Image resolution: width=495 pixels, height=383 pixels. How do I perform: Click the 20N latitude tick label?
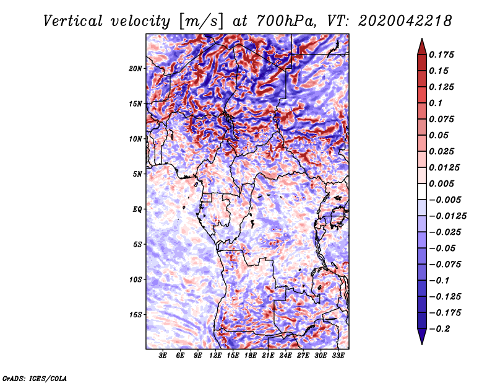click(136, 68)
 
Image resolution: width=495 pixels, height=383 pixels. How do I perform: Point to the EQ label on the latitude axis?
click(137, 209)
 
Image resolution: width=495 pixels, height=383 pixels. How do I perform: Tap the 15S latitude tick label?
click(136, 314)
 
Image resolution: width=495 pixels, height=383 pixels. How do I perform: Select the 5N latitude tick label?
click(137, 174)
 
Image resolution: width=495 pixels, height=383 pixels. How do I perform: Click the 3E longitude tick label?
click(163, 356)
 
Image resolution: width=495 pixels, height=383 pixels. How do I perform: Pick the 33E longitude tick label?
click(338, 356)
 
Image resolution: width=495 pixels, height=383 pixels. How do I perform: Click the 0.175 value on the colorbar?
click(443, 55)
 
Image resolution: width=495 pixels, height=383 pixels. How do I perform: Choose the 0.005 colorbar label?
click(443, 183)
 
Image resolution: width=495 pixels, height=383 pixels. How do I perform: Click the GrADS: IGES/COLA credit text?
click(34, 377)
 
